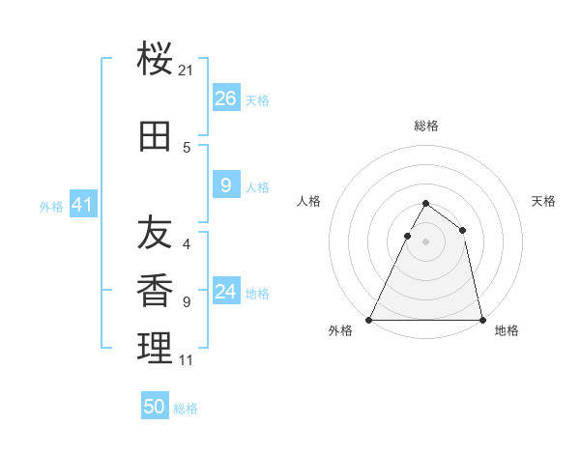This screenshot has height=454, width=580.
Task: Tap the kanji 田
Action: (155, 138)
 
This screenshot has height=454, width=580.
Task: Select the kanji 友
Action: (155, 232)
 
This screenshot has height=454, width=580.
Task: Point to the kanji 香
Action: (155, 290)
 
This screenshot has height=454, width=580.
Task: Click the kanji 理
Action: (155, 348)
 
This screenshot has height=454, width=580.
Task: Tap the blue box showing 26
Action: (226, 98)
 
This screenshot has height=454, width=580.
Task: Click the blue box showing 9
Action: (226, 185)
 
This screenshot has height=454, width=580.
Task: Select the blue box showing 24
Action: (226, 292)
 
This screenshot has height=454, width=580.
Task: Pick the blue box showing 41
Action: (82, 205)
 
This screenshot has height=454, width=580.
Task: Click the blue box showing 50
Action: (155, 407)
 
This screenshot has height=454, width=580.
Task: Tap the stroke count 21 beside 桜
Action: (187, 71)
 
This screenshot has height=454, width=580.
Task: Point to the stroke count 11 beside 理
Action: (187, 360)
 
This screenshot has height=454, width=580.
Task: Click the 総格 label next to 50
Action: (186, 409)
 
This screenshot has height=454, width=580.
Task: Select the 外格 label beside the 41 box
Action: (51, 207)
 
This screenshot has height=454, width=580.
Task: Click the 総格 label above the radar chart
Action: (425, 126)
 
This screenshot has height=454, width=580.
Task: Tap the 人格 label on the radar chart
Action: (309, 201)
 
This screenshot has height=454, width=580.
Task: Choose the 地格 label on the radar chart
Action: (507, 330)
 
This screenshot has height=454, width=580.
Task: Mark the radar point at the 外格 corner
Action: (369, 319)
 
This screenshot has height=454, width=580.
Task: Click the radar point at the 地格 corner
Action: (481, 319)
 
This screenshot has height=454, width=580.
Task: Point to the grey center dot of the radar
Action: (425, 241)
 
